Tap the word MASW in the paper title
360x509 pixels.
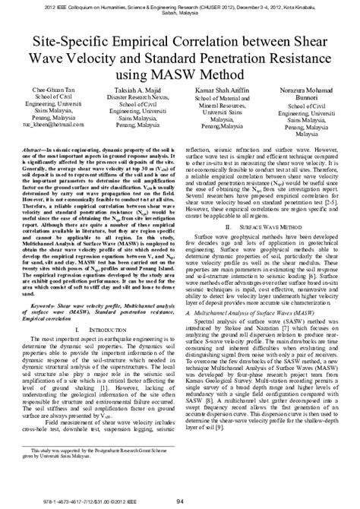click(x=203, y=74)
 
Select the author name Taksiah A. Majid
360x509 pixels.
click(x=136, y=89)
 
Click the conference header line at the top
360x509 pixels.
click(x=179, y=7)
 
